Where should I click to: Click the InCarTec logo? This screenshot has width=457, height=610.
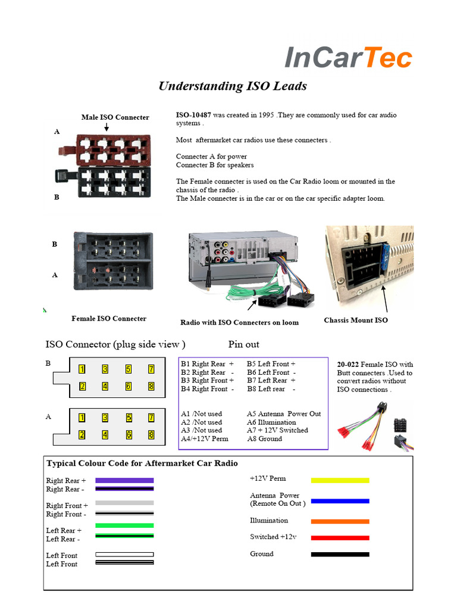tap(348, 58)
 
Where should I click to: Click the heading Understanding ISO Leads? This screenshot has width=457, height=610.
tap(232, 86)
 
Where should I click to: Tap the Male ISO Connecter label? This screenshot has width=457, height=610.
tap(115, 117)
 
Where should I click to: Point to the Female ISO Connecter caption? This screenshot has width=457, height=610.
tap(108, 319)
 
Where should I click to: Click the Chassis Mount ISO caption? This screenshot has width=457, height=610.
tap(355, 320)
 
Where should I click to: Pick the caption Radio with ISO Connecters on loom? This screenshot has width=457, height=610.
tap(239, 322)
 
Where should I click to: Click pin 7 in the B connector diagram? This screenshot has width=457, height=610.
tap(151, 369)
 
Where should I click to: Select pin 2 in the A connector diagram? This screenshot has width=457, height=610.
tap(82, 435)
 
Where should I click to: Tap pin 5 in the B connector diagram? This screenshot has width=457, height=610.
tap(128, 369)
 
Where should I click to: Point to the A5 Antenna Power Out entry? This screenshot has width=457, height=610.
tap(283, 414)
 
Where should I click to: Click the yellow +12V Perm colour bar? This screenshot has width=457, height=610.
tap(340, 480)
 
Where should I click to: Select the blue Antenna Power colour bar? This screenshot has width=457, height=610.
tap(340, 501)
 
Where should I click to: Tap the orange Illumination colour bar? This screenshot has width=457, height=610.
tap(340, 521)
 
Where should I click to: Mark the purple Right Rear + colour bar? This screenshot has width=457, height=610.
tap(124, 480)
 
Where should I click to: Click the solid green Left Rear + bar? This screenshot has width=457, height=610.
tap(124, 525)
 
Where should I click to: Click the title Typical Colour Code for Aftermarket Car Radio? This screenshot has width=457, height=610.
tap(142, 463)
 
